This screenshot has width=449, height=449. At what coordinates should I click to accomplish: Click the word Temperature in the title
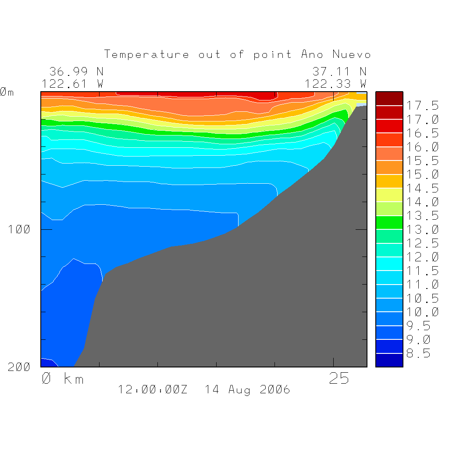pos(147,55)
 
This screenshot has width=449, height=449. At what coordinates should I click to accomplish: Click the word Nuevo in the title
pos(351,55)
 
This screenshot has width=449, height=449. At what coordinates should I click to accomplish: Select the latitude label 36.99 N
pos(76,71)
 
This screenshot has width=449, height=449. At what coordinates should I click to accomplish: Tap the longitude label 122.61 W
pos(73,83)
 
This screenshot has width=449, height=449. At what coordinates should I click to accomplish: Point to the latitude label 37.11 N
pos(339,71)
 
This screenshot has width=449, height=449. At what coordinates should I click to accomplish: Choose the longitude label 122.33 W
pos(336,83)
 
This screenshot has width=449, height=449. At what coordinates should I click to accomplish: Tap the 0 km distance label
pos(63,378)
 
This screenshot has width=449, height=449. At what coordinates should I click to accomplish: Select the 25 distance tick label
pos(339,378)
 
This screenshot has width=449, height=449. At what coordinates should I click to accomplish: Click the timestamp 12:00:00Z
pos(153,389)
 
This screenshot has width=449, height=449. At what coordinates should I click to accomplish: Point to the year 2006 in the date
pos(274,389)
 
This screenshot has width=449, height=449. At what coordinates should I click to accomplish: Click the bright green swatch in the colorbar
pos(389,222)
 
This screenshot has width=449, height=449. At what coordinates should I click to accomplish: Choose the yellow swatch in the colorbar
pos(389,195)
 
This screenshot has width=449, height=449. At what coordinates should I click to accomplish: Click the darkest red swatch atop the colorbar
pos(389,99)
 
